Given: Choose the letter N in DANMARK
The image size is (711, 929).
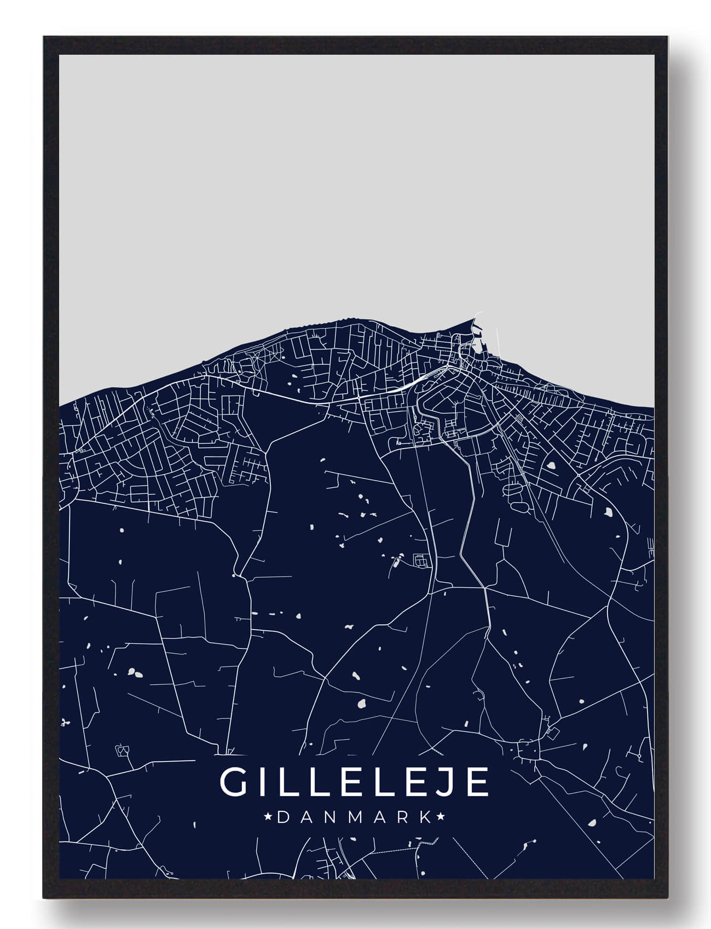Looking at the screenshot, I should [x=331, y=817].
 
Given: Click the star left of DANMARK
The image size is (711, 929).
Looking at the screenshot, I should [x=269, y=817].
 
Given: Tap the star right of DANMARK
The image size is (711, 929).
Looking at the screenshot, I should [x=441, y=817].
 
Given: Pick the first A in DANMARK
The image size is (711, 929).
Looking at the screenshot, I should [x=307, y=817].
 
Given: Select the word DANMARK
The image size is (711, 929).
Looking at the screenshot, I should [x=355, y=817].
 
